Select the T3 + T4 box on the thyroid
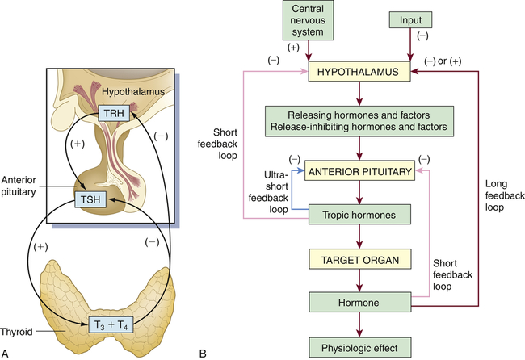[109, 326]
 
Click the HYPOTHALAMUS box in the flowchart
[359, 73]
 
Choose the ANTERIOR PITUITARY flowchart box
[359, 171]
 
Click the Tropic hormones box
[359, 216]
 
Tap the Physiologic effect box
[359, 348]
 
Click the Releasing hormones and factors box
[359, 122]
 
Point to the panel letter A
[6, 353]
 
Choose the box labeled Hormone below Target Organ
[359, 303]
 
